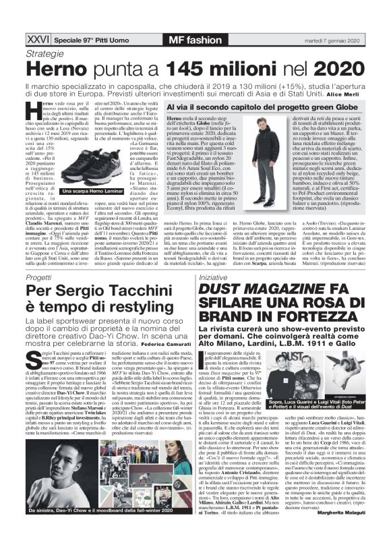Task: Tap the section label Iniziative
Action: [213, 277]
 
